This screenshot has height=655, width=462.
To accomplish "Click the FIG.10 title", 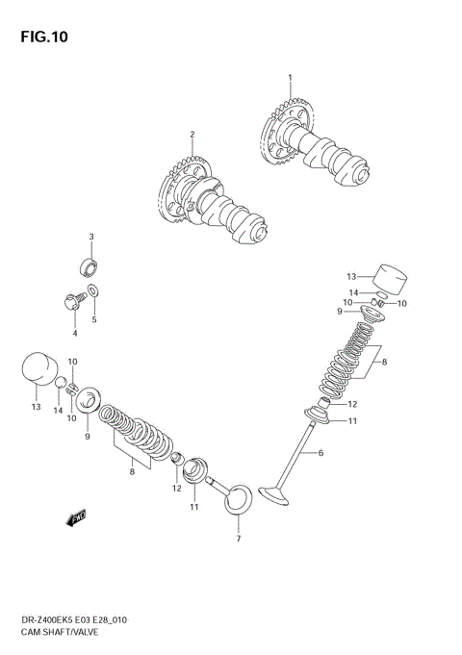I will tap(40, 37).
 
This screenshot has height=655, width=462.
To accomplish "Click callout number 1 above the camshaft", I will tap(288, 77).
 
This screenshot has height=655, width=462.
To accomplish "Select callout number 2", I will tap(192, 134).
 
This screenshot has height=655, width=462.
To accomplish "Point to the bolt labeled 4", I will tap(73, 301).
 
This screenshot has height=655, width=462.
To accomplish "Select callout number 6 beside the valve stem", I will tap(321, 453).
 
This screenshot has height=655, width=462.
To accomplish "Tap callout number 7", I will tap(238, 539).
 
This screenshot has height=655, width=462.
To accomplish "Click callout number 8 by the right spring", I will tap(385, 363).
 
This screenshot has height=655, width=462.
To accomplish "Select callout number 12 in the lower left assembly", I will tap(176, 489).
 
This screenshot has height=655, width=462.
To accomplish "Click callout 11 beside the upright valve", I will tap(352, 420).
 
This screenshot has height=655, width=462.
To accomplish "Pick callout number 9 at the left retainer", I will tap(87, 437).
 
